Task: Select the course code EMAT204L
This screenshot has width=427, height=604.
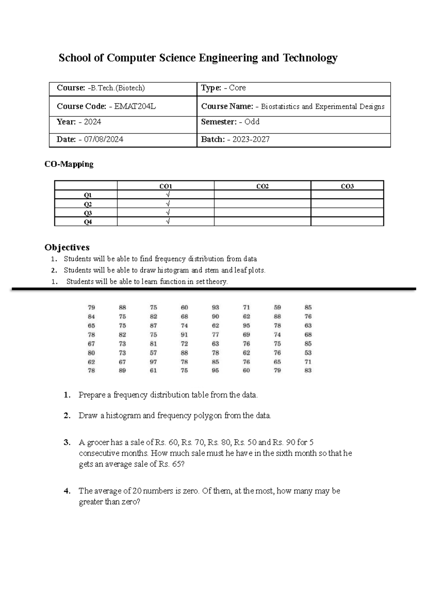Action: pyautogui.click(x=135, y=106)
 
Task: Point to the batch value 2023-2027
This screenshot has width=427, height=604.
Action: pyautogui.click(x=251, y=139)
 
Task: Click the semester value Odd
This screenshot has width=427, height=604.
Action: pyautogui.click(x=252, y=122)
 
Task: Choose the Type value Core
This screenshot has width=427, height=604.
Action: pyautogui.click(x=237, y=88)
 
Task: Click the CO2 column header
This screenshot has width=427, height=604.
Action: pyautogui.click(x=263, y=186)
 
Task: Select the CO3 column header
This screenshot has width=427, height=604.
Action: pyautogui.click(x=347, y=186)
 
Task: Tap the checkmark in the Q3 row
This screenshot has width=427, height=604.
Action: pyautogui.click(x=168, y=213)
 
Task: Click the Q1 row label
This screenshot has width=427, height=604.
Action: pyautogui.click(x=88, y=195)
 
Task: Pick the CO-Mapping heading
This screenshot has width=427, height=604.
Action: pyautogui.click(x=69, y=164)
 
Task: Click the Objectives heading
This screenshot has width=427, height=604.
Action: pyautogui.click(x=67, y=247)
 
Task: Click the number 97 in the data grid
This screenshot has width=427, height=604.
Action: pyautogui.click(x=153, y=362)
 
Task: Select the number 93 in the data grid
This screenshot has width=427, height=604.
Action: pyautogui.click(x=215, y=307)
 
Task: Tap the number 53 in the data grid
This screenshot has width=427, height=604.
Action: pyautogui.click(x=308, y=353)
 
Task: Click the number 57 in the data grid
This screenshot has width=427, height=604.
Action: pyautogui.click(x=153, y=353)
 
